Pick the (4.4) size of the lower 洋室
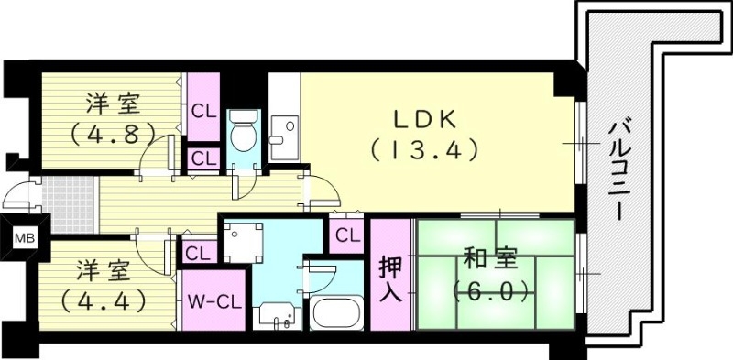101,300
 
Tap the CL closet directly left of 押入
346,235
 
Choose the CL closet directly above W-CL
196,251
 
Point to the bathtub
338,314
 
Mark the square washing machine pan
242,244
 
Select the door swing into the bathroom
322,276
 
